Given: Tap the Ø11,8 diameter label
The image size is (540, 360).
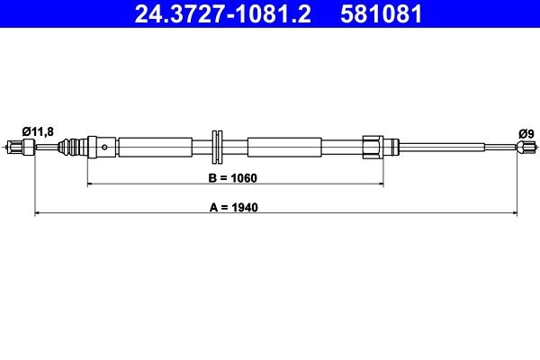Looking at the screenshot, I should coord(37,131).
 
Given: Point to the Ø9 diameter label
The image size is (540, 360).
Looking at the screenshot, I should coord(526,133).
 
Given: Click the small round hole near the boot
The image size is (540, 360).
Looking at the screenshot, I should coord(106,146).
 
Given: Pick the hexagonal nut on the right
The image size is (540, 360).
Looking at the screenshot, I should coord(370,146).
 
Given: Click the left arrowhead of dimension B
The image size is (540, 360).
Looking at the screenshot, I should coord(90,184).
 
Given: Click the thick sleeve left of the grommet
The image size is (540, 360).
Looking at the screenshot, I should coord(155,146).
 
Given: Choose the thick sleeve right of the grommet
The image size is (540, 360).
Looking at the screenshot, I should coord(283,146).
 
